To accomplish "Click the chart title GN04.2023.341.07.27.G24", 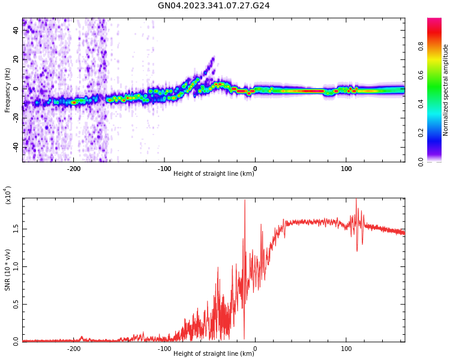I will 214,5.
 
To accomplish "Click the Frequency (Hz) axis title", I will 7,89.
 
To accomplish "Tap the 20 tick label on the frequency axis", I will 16,59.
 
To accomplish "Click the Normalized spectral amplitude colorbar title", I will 446,89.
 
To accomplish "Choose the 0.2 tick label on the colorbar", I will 437,133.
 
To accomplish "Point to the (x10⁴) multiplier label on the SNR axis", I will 8,195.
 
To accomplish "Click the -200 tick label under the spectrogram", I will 73,169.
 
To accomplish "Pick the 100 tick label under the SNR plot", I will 346,348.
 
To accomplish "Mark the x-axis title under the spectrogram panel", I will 214,173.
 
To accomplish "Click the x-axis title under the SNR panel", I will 214,353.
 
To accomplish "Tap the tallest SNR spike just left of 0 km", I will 245,201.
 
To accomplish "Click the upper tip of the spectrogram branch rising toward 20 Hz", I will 213,58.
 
